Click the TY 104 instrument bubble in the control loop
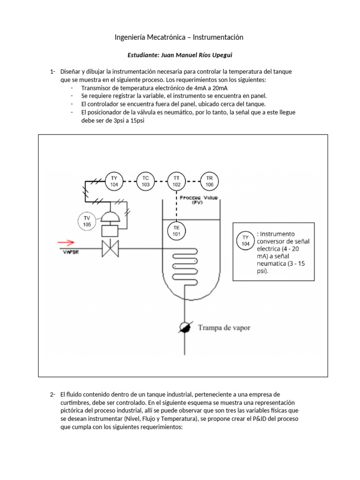(x=114, y=181)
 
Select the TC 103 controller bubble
(x=145, y=181)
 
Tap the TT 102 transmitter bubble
(x=177, y=181)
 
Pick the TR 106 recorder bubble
(x=209, y=181)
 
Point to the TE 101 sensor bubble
(x=177, y=231)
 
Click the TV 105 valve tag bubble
(x=87, y=221)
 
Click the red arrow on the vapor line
(x=66, y=242)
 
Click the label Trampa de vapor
(x=224, y=328)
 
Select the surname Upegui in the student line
(x=220, y=55)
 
